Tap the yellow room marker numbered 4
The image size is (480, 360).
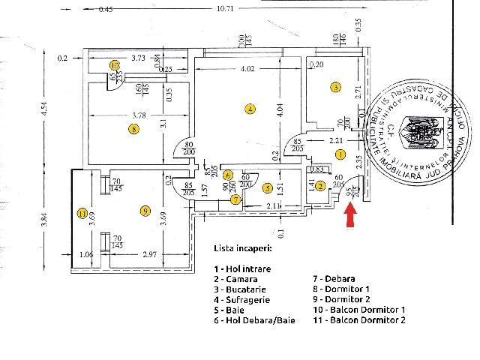(x=250, y=109)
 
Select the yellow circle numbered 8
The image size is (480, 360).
(x=133, y=129)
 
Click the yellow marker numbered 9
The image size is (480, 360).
(x=145, y=210)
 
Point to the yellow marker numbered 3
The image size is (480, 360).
(x=336, y=88)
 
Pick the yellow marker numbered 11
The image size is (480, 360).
(x=82, y=214)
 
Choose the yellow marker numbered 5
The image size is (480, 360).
(x=268, y=187)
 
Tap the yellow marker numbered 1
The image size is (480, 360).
(x=340, y=154)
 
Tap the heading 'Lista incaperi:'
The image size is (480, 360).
(x=243, y=247)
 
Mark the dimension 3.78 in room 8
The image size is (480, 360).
(x=133, y=115)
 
